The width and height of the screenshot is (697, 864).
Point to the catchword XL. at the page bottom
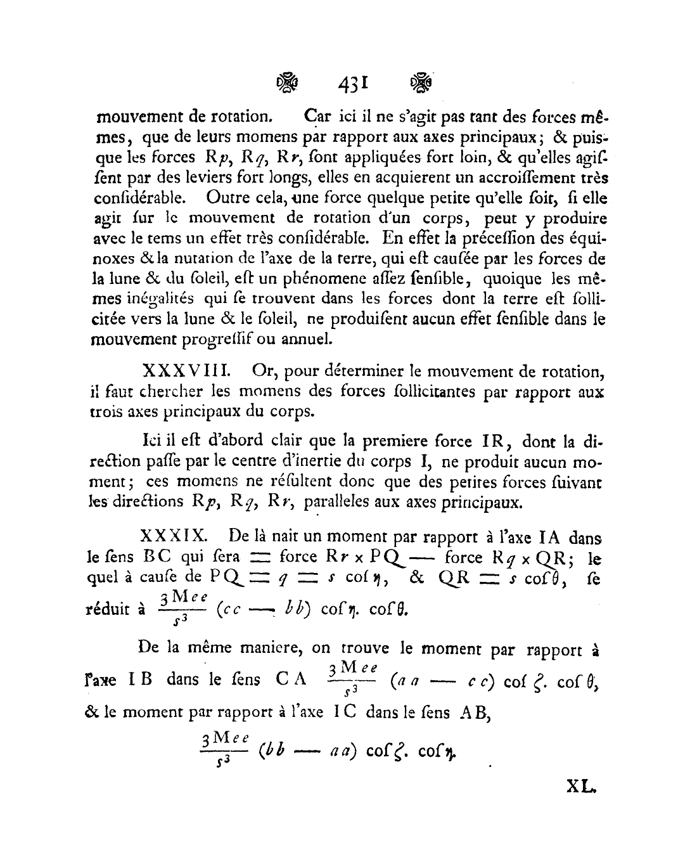click(582, 788)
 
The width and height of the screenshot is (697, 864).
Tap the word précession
click(487, 239)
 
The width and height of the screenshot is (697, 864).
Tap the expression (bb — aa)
click(307, 752)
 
